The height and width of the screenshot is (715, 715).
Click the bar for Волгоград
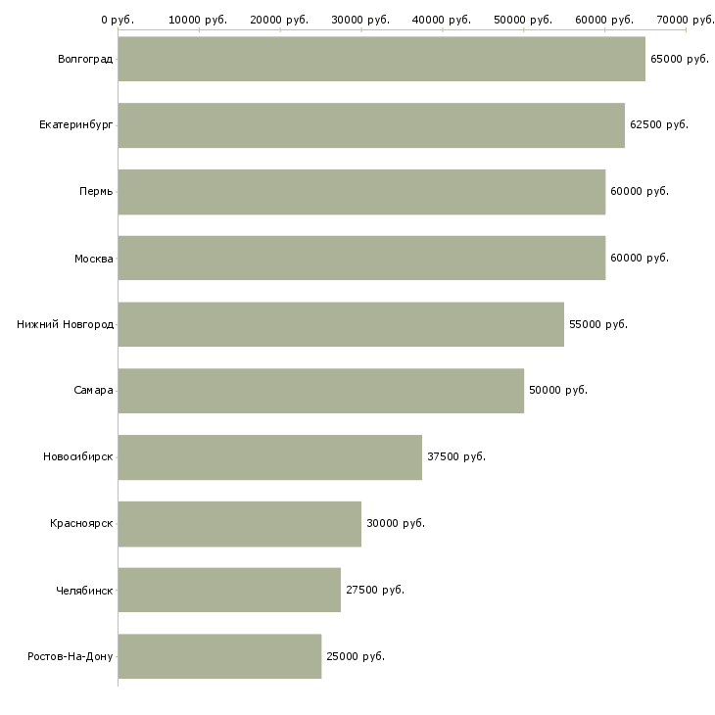tap(381, 59)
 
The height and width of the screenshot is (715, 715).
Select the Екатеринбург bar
tap(371, 125)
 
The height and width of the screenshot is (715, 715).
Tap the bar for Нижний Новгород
tap(341, 324)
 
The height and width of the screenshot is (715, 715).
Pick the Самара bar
tap(320, 391)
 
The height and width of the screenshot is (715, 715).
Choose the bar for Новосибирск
tap(269, 457)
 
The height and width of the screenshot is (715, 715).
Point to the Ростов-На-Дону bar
tap(219, 656)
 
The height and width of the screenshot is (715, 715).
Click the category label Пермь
tap(96, 192)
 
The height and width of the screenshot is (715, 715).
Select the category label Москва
tap(94, 259)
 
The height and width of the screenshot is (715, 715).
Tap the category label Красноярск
tap(81, 524)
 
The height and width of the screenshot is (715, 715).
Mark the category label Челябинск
tap(84, 591)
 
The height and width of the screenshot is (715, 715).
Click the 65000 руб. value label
tap(679, 60)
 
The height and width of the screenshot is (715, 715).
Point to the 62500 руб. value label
tap(658, 125)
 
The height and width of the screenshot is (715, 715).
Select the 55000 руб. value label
tap(597, 324)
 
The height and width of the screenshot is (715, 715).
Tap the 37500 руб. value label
tap(455, 457)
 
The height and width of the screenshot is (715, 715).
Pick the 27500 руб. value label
tap(374, 591)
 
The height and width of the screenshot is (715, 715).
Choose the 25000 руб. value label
tap(355, 656)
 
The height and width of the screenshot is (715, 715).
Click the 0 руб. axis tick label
tap(118, 20)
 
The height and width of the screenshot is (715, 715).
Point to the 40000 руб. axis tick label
tap(443, 20)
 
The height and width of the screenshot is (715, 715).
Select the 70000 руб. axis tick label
tap(686, 20)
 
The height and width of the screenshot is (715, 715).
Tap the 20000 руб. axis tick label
tap(280, 20)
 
